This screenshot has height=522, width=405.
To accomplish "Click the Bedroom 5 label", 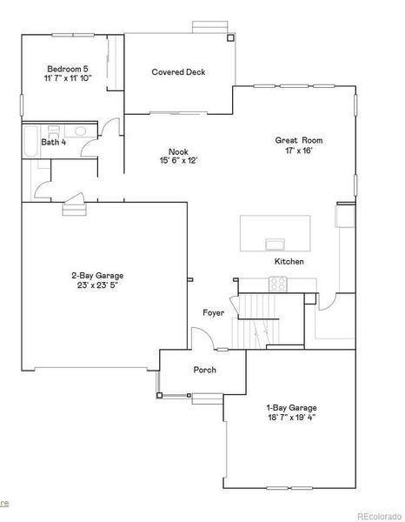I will tap(68, 69).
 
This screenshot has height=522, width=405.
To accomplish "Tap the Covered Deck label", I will tap(178, 72).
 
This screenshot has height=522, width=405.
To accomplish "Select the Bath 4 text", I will tap(54, 142).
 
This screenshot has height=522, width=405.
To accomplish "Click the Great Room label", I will tap(298, 140).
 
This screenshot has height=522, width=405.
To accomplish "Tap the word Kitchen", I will tap(289, 261).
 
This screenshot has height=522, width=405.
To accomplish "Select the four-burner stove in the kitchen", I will tap(278, 283).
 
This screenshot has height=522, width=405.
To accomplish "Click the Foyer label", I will tap(214, 312).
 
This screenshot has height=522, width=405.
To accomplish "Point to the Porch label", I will tap(205, 370).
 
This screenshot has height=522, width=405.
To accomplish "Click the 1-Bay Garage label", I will tap(291, 407).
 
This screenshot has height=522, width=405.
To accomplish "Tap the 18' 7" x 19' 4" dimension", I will tap(291, 418).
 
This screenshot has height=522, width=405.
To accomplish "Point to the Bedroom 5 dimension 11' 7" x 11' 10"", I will tap(68, 78).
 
